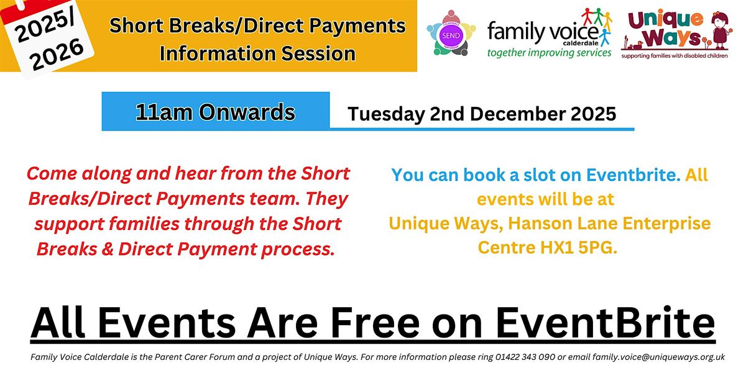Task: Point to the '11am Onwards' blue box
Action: point(216,112)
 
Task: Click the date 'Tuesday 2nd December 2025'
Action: point(482,114)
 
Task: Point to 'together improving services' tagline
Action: point(550,53)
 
